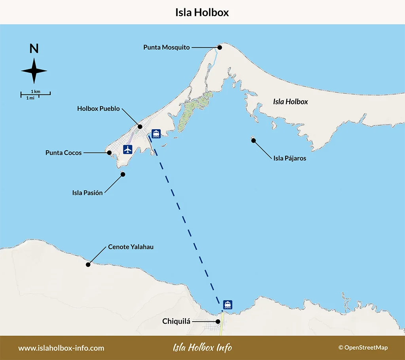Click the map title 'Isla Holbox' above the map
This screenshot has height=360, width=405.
point(202,12)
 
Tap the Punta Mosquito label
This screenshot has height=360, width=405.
point(167,47)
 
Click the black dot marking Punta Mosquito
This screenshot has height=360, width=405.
point(220,47)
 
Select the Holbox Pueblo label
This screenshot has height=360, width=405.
point(98,108)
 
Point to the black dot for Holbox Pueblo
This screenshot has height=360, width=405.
point(140,126)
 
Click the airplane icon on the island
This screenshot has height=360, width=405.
point(127,149)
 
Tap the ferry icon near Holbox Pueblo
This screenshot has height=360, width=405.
point(156,133)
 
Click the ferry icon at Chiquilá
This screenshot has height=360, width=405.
point(227,304)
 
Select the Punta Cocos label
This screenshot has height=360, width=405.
point(63,153)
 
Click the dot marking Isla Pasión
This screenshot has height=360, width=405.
point(123,174)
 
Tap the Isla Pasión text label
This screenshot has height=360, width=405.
point(87,193)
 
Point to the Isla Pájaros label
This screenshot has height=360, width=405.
point(290,158)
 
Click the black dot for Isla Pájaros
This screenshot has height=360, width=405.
point(254,140)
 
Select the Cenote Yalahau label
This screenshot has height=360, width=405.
point(131,247)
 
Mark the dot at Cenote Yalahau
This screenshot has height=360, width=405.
point(88,264)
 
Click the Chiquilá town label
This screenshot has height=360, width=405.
point(176,321)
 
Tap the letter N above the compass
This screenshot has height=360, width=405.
point(34,49)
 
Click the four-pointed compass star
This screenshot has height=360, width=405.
point(34,71)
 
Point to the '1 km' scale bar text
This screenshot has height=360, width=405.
point(36,91)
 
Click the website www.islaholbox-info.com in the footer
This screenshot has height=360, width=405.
point(61,348)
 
